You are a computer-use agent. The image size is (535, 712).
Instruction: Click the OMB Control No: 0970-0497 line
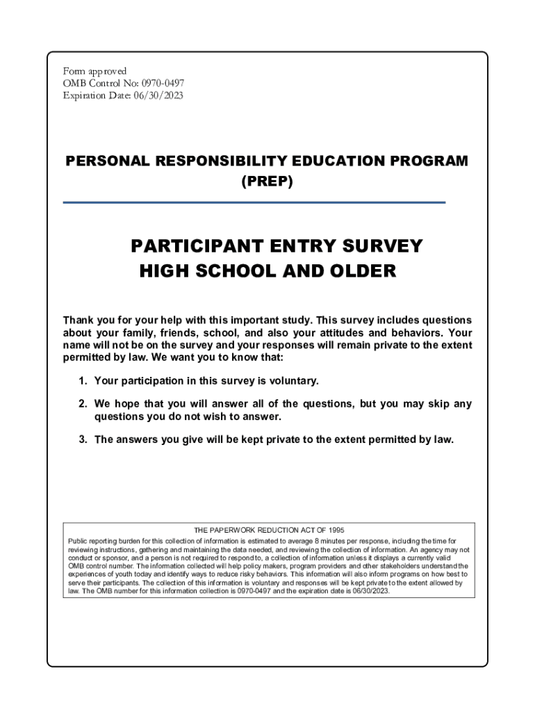point(124,83)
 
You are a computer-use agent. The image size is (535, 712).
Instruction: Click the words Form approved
point(94,71)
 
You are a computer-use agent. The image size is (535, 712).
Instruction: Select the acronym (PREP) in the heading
point(267,182)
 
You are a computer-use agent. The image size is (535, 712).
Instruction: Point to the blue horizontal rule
point(254,202)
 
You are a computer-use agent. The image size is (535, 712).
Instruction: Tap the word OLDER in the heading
point(361,271)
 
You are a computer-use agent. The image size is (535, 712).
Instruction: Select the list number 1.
point(83,381)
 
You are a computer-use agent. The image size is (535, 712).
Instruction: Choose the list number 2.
point(83,404)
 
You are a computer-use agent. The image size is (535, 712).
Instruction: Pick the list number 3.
point(83,439)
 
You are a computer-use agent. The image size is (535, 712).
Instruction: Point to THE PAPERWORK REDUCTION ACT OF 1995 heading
point(269,531)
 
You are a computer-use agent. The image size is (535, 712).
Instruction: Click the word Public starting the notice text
point(78,541)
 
